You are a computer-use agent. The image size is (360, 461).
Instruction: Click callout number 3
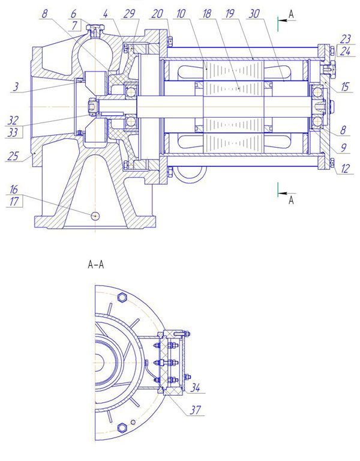(16, 86)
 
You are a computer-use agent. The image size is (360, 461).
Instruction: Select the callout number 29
(129, 14)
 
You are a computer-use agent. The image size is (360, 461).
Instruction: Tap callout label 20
(157, 14)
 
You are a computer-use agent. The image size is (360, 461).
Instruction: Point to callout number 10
(181, 14)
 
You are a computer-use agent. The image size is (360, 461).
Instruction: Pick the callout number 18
(206, 14)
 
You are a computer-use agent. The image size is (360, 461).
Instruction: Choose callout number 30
(254, 14)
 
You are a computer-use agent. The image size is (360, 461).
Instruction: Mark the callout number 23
(346, 39)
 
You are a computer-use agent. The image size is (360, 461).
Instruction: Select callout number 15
(345, 86)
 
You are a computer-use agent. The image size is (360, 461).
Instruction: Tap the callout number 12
(345, 169)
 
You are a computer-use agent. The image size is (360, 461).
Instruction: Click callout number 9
(344, 148)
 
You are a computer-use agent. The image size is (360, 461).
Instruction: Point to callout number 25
(13, 156)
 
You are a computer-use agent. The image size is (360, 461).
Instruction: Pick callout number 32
(13, 121)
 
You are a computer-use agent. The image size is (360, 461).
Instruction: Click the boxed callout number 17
(14, 202)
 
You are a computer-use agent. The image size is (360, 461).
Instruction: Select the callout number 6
(73, 14)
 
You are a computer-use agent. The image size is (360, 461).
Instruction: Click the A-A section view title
(96, 265)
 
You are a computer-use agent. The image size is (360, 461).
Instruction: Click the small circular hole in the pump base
(95, 216)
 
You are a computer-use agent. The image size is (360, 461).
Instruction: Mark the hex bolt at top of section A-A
(122, 297)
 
